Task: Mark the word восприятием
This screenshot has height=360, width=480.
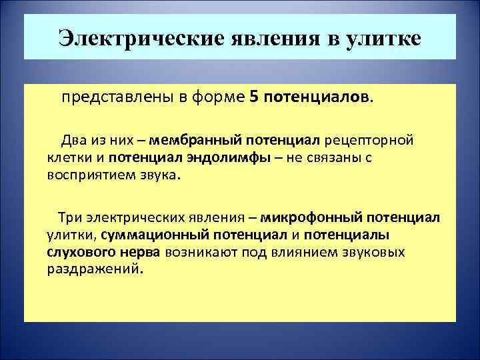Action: click(x=87, y=175)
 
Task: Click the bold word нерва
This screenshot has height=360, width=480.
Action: click(x=140, y=253)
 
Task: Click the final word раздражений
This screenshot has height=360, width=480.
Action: click(x=95, y=270)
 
